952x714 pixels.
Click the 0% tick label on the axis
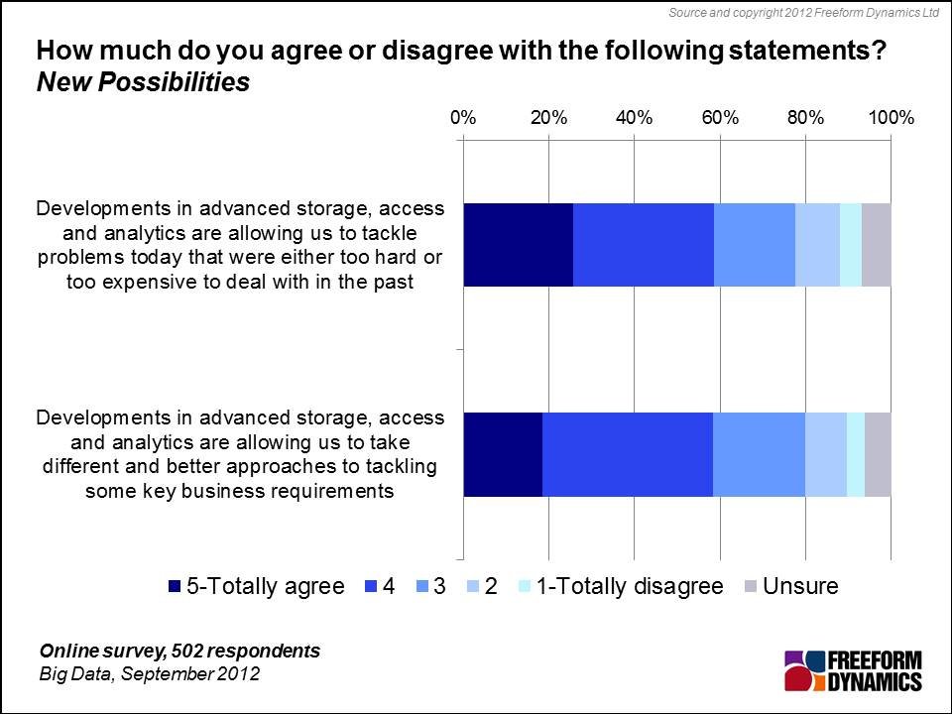[x=462, y=117]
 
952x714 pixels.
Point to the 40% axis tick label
[x=634, y=117]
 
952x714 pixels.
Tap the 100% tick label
[x=891, y=117]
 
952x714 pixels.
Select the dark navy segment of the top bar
[x=518, y=244]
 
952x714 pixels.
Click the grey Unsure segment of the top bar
[x=877, y=244]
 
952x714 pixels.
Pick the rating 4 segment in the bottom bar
[x=627, y=453]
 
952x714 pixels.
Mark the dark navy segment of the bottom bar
[x=503, y=453]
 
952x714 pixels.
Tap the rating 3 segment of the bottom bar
[x=759, y=453]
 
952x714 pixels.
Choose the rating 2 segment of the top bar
[x=817, y=244]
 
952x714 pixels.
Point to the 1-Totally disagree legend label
[x=629, y=586]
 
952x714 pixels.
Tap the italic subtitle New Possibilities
[x=143, y=82]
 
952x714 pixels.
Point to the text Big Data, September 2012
[x=149, y=674]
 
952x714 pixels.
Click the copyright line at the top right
[x=803, y=12]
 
